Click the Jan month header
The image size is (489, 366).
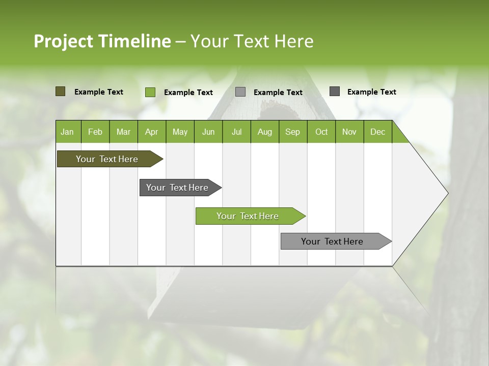[67, 132]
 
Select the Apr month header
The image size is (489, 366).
[151, 132]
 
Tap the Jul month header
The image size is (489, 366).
[236, 132]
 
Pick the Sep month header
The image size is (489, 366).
[292, 132]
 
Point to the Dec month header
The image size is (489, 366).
[377, 132]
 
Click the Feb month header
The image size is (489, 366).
[95, 132]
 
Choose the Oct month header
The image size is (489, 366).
[321, 132]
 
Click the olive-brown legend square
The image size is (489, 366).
[61, 91]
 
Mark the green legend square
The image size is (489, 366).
[150, 92]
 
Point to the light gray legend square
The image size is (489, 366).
[240, 92]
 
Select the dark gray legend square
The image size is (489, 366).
[335, 91]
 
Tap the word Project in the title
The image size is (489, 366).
[63, 41]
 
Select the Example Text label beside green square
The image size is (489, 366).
[188, 93]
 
